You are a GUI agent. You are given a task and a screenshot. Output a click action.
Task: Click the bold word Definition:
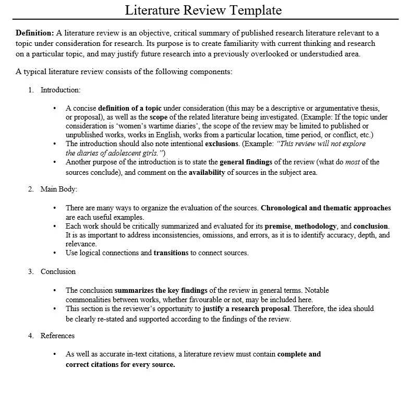pyautogui.click(x=34, y=33)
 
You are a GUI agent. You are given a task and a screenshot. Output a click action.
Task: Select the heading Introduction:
pyautogui.click(x=61, y=90)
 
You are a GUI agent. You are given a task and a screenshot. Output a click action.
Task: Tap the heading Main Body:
pyautogui.click(x=59, y=189)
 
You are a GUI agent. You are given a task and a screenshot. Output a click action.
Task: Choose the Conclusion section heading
pyautogui.click(x=58, y=271)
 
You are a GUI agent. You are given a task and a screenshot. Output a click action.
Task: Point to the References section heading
pyautogui.click(x=57, y=336)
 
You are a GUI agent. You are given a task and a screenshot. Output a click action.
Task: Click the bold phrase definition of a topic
pyautogui.click(x=130, y=109)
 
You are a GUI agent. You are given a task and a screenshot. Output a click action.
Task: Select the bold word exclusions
pyautogui.click(x=222, y=144)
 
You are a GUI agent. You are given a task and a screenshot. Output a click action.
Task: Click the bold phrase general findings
pyautogui.click(x=250, y=162)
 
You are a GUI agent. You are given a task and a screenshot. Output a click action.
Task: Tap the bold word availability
pyautogui.click(x=207, y=172)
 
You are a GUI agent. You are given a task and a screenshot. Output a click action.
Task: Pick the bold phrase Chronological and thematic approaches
pyautogui.click(x=325, y=208)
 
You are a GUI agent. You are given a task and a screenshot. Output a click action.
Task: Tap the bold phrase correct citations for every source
pyautogui.click(x=120, y=364)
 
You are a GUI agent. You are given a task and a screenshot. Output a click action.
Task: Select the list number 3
pyautogui.click(x=31, y=271)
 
